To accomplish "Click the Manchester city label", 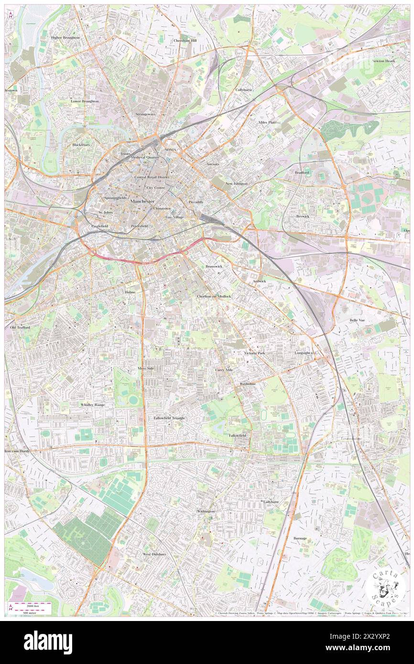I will click(x=142, y=202).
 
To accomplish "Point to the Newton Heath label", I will click(x=384, y=61).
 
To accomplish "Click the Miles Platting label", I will click(x=269, y=122).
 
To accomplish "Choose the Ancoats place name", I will click(x=213, y=164).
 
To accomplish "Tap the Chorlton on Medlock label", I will click(x=214, y=296).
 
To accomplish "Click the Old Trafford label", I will click(x=20, y=328).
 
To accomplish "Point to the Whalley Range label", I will click(x=92, y=405).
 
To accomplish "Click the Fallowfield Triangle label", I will click(x=169, y=418).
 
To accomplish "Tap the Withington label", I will click(x=206, y=511).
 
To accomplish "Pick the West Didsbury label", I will click(x=154, y=554).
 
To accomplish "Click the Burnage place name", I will click(x=300, y=538).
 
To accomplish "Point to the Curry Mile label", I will click(x=224, y=370).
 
